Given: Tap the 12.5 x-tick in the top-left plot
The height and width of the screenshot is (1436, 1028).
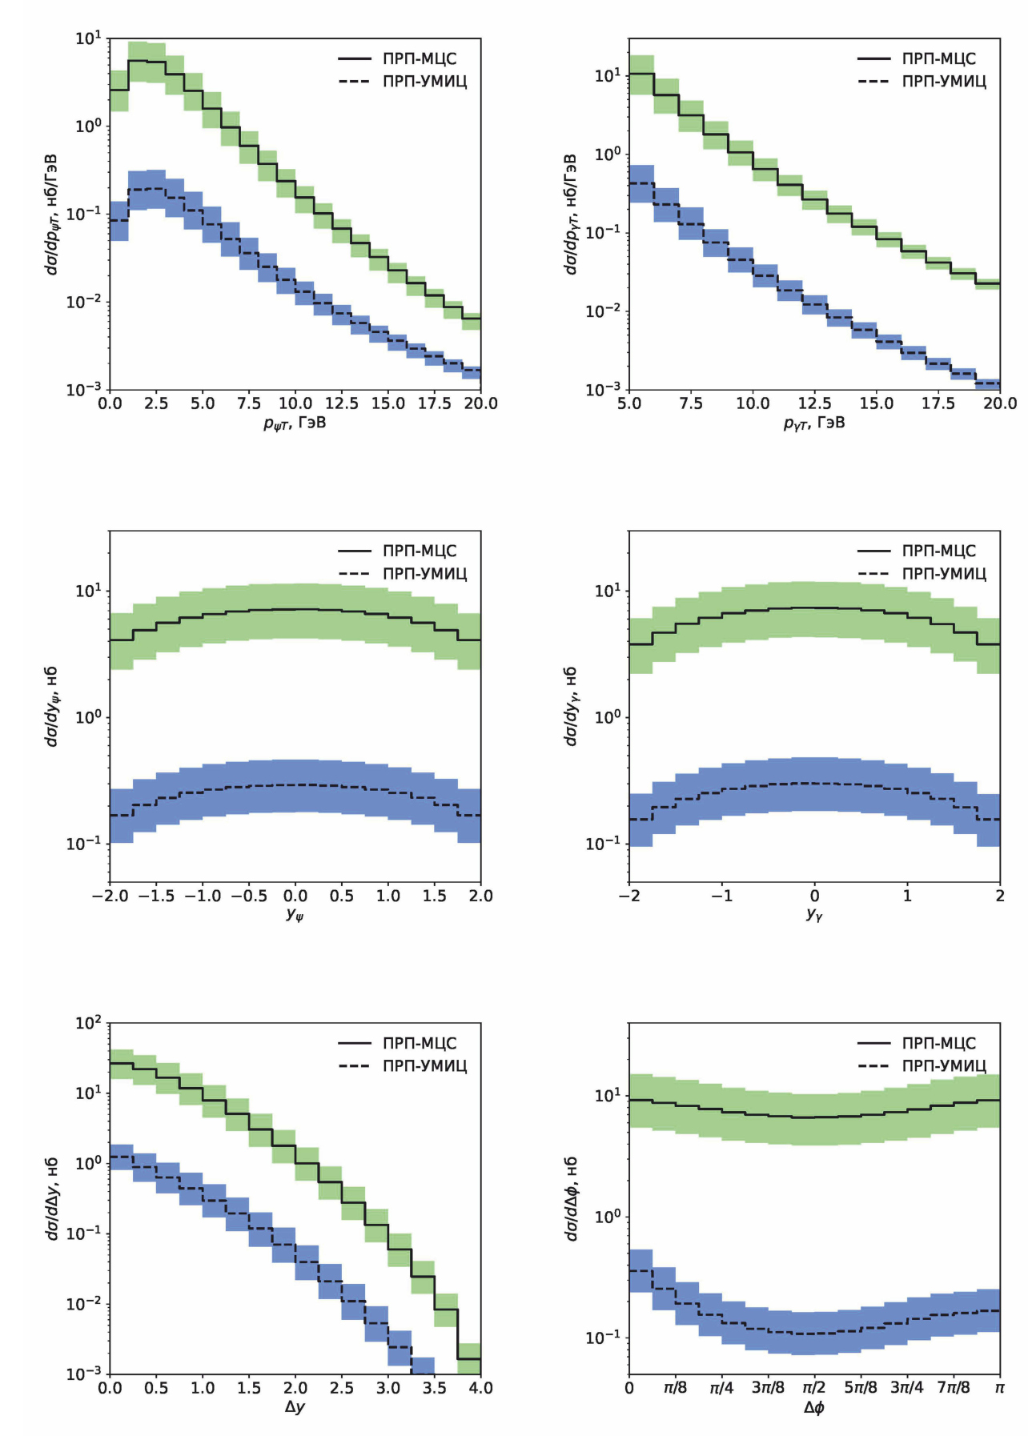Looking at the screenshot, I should [342, 403].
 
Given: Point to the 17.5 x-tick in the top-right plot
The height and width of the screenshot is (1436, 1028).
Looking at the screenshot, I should [938, 403].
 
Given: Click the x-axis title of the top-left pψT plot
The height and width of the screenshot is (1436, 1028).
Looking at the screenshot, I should [295, 423].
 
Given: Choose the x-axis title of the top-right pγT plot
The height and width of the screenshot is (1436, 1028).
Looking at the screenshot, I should [814, 423].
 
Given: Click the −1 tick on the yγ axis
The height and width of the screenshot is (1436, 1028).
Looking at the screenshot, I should [721, 896].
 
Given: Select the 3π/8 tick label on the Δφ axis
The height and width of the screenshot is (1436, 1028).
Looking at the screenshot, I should [768, 1387].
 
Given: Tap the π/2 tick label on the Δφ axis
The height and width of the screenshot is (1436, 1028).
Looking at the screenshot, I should [814, 1387].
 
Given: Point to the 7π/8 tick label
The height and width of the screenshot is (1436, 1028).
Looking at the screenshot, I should [954, 1387].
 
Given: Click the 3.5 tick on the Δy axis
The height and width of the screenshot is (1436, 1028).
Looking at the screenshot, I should [435, 1387].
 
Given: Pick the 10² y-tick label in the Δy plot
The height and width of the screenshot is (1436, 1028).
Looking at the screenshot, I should [88, 1023].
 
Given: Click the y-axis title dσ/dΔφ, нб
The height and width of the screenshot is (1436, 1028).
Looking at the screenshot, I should [571, 1198].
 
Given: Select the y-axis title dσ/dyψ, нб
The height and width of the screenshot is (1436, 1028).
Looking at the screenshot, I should [52, 706].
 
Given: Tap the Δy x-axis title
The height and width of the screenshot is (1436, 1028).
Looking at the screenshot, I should [295, 1406].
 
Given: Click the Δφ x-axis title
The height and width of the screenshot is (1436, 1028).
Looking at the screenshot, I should [814, 1406].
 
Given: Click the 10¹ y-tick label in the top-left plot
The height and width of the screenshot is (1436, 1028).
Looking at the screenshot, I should [88, 38].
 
